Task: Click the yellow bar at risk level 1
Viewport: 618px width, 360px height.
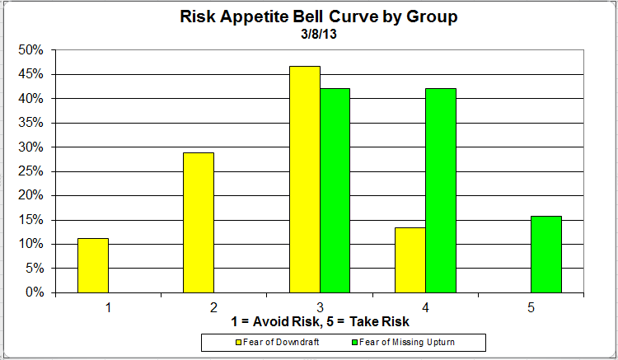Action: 93,265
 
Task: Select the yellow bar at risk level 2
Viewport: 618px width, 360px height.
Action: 199,222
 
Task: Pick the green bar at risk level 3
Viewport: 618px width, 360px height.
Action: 335,190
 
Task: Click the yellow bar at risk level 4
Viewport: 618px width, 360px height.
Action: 410,259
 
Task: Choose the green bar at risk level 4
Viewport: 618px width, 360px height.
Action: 441,190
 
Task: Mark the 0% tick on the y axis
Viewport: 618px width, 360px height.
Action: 34,292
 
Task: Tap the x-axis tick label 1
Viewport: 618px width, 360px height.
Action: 107,307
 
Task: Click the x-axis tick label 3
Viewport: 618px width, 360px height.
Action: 320,307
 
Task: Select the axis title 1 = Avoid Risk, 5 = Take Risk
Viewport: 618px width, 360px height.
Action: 320,321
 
